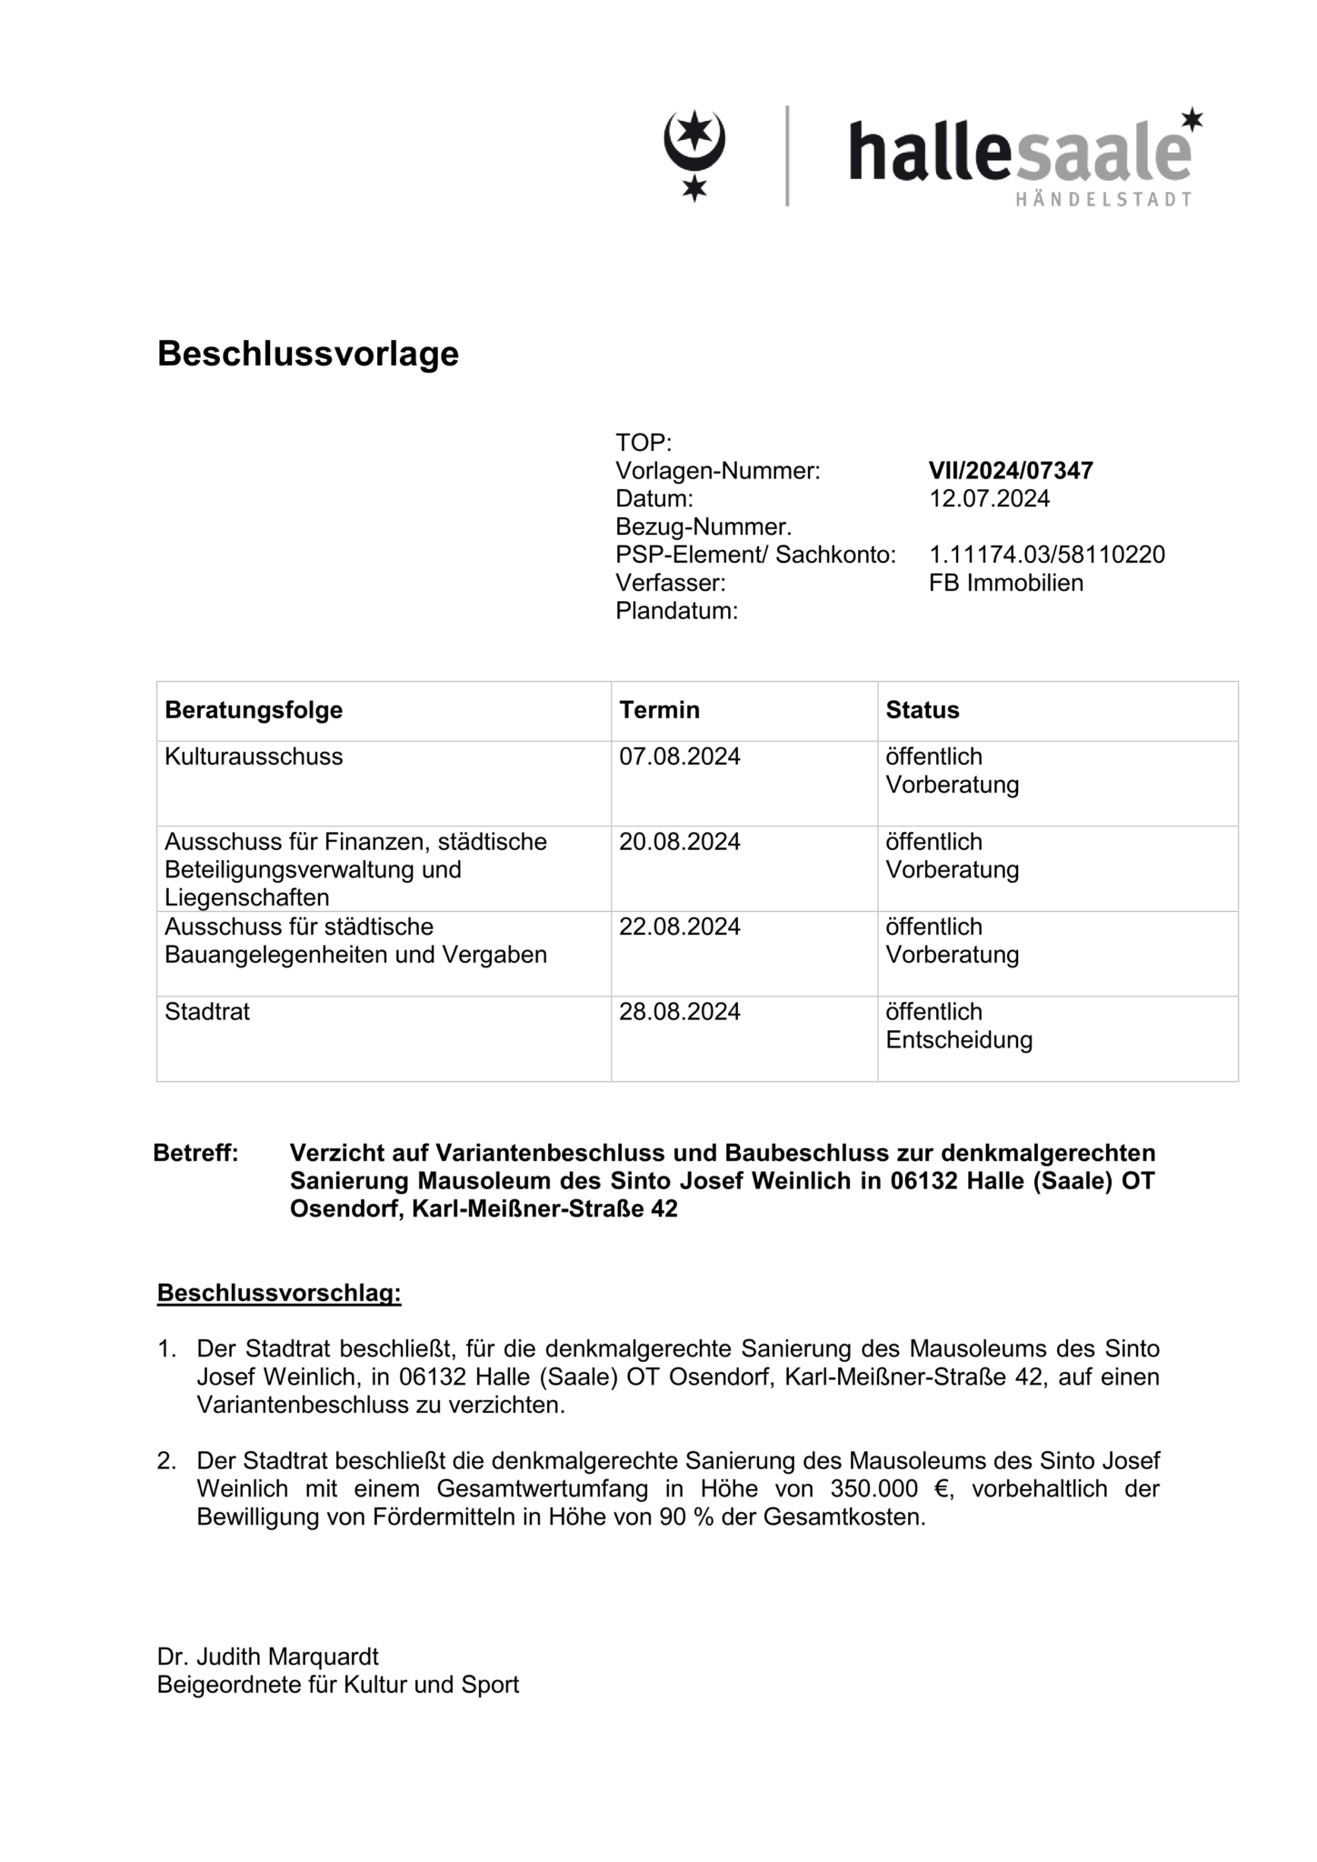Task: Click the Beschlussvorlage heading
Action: click(307, 354)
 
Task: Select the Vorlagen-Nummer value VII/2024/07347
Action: click(1010, 471)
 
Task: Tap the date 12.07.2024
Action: click(989, 499)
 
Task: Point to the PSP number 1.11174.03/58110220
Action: click(1046, 555)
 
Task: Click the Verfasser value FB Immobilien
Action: click(1005, 583)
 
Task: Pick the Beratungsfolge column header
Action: click(254, 710)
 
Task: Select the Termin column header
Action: click(659, 710)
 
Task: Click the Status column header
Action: click(922, 710)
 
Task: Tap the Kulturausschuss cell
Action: click(254, 756)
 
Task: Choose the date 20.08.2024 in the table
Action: click(680, 842)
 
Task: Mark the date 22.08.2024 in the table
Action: click(680, 926)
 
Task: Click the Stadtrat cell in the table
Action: click(207, 1012)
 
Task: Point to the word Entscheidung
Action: click(958, 1040)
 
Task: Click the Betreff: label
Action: click(195, 1154)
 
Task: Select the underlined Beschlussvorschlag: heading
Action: click(279, 1293)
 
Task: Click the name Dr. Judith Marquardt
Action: click(267, 1657)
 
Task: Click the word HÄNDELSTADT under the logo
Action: click(1102, 199)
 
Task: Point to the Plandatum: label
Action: click(676, 611)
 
